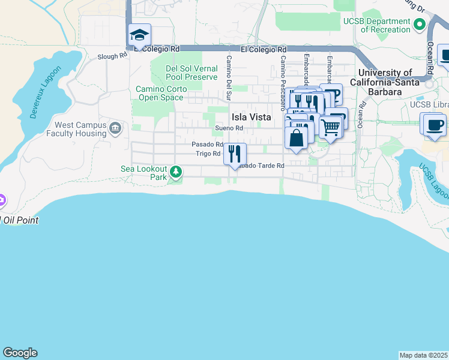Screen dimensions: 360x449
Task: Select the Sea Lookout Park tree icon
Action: point(176,173)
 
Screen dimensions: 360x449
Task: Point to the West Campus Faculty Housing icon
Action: point(115,127)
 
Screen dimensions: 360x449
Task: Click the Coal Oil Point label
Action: point(20,220)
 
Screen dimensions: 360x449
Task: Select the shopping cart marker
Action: point(330,127)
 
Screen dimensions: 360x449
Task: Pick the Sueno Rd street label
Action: point(229,128)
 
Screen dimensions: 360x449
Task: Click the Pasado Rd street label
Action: point(207,145)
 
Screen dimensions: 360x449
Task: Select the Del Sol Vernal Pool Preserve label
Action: point(191,73)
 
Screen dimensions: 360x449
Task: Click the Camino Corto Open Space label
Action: point(161,92)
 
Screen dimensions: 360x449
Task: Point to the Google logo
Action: point(20,353)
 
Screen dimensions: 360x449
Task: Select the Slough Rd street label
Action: point(113,56)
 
